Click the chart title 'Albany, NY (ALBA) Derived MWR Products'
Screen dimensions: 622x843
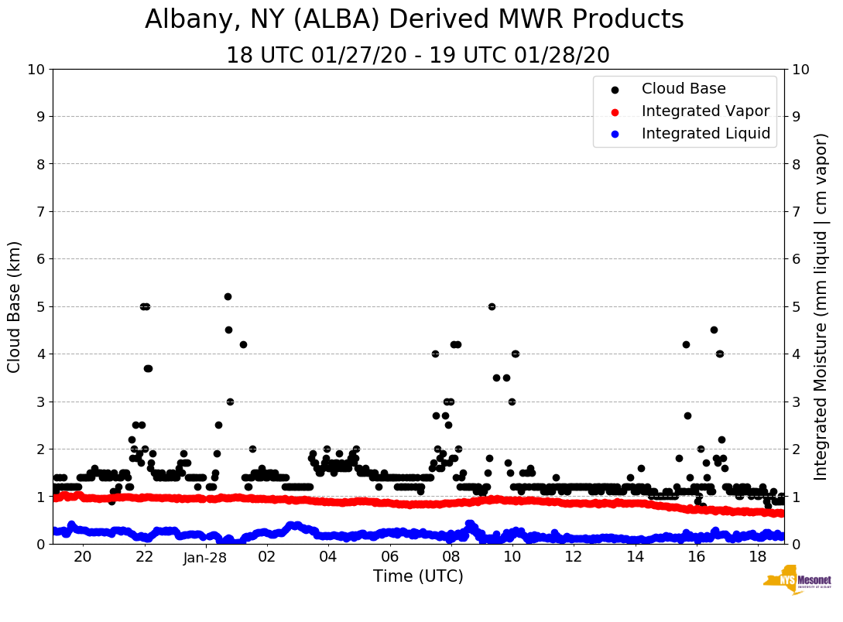(x=414, y=20)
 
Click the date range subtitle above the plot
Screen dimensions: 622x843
(x=418, y=56)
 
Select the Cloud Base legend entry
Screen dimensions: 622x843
(x=684, y=89)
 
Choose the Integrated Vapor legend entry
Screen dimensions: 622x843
(x=705, y=111)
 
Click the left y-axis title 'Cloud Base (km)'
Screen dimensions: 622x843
(x=15, y=306)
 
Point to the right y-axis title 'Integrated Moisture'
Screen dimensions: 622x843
(x=821, y=306)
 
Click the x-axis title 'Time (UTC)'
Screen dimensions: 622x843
(x=418, y=576)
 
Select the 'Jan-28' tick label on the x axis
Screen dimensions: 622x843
(x=205, y=558)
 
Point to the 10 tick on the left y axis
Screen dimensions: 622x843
(x=36, y=69)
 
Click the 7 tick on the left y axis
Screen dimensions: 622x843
(x=40, y=211)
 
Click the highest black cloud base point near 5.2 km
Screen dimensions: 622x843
(x=228, y=296)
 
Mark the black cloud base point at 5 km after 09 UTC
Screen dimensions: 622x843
(x=492, y=306)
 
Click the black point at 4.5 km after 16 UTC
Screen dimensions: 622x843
(x=714, y=330)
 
